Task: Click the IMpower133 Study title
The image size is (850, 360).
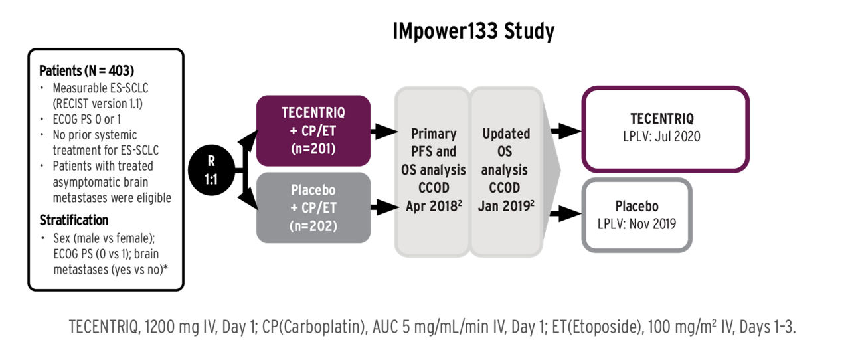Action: coord(472,31)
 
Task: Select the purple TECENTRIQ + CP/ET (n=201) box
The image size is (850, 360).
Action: coord(313,130)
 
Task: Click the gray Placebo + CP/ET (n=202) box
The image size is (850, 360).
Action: coord(313,207)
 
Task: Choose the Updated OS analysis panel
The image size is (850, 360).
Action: coord(505,169)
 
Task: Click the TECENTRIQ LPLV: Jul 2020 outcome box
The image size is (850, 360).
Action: coord(665,129)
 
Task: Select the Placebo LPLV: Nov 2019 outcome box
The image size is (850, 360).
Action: coord(636,215)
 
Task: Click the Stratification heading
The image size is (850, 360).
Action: coord(74,220)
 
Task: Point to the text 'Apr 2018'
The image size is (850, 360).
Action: coord(428,206)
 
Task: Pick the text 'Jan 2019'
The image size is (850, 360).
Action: coord(503,206)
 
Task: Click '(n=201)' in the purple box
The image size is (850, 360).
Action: coord(313,149)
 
